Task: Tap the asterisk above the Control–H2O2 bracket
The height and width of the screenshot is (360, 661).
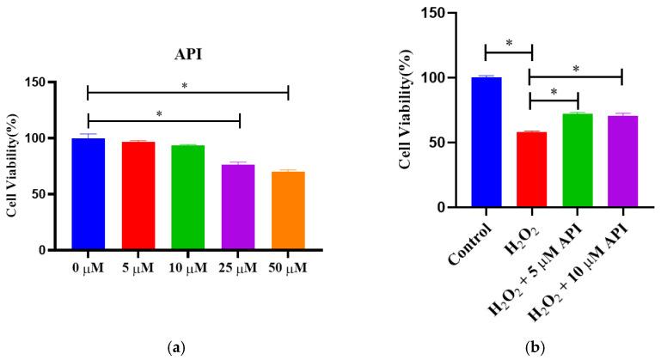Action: [x=508, y=42]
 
